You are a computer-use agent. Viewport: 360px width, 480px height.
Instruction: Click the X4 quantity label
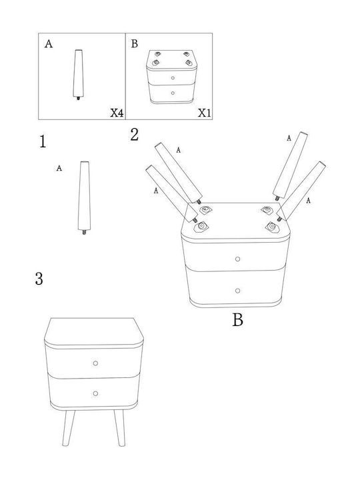117,113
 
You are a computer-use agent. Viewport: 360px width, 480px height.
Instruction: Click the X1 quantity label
204,113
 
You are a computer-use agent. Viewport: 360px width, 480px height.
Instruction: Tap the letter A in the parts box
49,44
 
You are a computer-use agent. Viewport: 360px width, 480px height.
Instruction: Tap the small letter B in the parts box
135,44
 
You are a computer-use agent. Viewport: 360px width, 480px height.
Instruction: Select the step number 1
43,141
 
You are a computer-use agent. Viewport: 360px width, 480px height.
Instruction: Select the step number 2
135,135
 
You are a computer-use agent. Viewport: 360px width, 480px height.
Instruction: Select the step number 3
39,279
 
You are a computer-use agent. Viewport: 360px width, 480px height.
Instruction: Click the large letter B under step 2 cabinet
237,320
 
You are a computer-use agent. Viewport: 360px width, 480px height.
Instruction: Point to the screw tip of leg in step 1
85,233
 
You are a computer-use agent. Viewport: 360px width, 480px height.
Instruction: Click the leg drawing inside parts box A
79,75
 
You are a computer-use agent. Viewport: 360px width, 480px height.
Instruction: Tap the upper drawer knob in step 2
237,259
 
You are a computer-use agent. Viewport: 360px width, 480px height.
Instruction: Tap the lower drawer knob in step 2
237,291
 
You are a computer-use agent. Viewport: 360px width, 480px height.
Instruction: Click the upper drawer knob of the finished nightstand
95,363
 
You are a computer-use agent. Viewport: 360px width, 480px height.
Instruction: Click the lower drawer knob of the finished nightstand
95,393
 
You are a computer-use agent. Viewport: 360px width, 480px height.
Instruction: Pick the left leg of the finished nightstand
69,428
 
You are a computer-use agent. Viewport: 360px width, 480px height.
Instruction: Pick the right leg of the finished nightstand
120,428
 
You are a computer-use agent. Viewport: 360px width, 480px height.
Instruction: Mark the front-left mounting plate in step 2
201,227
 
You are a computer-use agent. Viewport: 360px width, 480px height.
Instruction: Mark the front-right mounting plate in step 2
272,227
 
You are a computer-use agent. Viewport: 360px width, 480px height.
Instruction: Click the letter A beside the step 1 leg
59,168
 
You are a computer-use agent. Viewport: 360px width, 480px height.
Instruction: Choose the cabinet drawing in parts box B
172,77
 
